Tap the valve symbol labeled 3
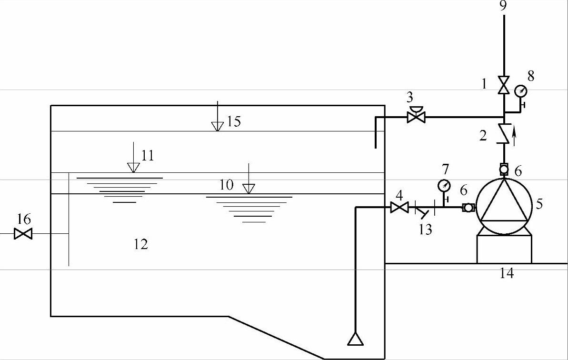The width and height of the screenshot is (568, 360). [416, 116]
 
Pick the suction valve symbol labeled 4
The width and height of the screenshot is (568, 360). [399, 207]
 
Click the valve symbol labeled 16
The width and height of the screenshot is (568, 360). [23, 234]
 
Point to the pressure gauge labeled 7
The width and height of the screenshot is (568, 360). [444, 185]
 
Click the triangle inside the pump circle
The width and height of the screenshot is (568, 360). [504, 202]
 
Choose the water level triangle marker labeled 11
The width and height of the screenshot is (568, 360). [133, 167]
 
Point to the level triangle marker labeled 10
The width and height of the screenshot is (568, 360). [248, 189]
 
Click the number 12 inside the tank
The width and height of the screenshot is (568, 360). [141, 244]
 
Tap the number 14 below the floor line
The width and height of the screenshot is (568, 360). [507, 273]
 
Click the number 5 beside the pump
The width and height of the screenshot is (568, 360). [539, 204]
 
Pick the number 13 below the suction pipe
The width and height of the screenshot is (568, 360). [425, 230]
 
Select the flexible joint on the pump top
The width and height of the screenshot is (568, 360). [504, 169]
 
